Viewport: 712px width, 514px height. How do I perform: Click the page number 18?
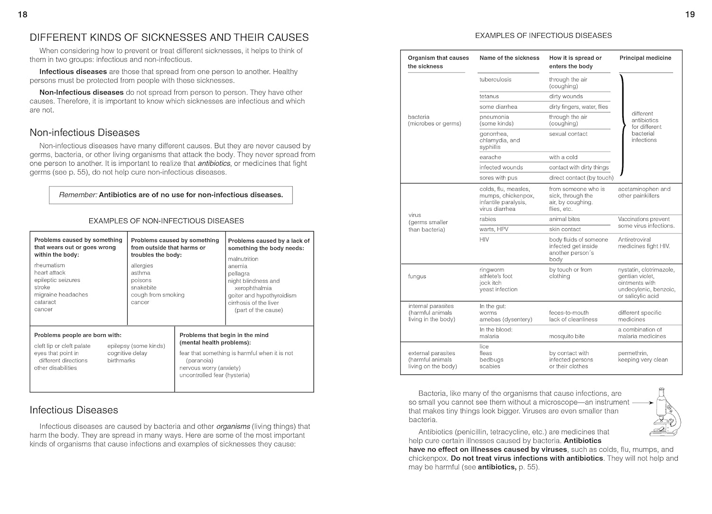(22, 15)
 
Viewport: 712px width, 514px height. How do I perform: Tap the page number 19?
(690, 15)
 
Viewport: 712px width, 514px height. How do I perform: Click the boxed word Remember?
(77, 195)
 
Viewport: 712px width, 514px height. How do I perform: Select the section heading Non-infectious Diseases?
(84, 133)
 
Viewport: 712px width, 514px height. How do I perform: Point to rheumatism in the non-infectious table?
(49, 265)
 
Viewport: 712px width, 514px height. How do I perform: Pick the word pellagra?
(238, 274)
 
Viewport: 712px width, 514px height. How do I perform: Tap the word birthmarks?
(121, 361)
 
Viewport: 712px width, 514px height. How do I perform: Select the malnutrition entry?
(243, 259)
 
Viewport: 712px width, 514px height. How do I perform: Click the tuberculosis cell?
(495, 80)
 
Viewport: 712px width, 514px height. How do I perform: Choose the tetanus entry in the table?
(489, 96)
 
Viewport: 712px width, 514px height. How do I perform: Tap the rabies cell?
(487, 219)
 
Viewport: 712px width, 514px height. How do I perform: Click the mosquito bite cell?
(567, 336)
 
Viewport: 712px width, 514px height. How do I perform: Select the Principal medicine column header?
(645, 58)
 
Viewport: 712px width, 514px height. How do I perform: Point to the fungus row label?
(417, 276)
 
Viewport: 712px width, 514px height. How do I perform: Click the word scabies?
(489, 366)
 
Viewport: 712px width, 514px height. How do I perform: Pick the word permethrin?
(633, 353)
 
